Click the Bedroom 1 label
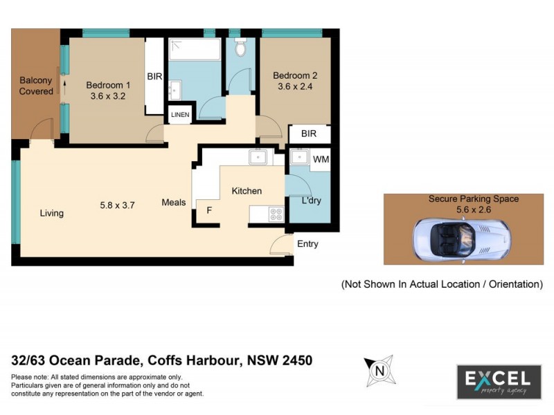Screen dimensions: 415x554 coord(108,85)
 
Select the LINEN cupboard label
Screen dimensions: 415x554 coord(179,115)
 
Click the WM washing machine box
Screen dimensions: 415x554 coord(321,160)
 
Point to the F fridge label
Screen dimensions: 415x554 coord(208,209)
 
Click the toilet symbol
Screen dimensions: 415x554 coord(240,48)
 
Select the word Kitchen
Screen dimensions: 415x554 coord(247,191)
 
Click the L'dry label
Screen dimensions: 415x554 coord(312,201)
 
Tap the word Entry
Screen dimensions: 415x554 coord(307,243)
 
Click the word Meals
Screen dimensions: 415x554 coord(174,203)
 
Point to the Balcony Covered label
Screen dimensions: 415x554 coord(36,86)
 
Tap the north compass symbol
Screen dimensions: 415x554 coord(379,370)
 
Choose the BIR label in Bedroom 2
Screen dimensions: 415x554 coord(309,134)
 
